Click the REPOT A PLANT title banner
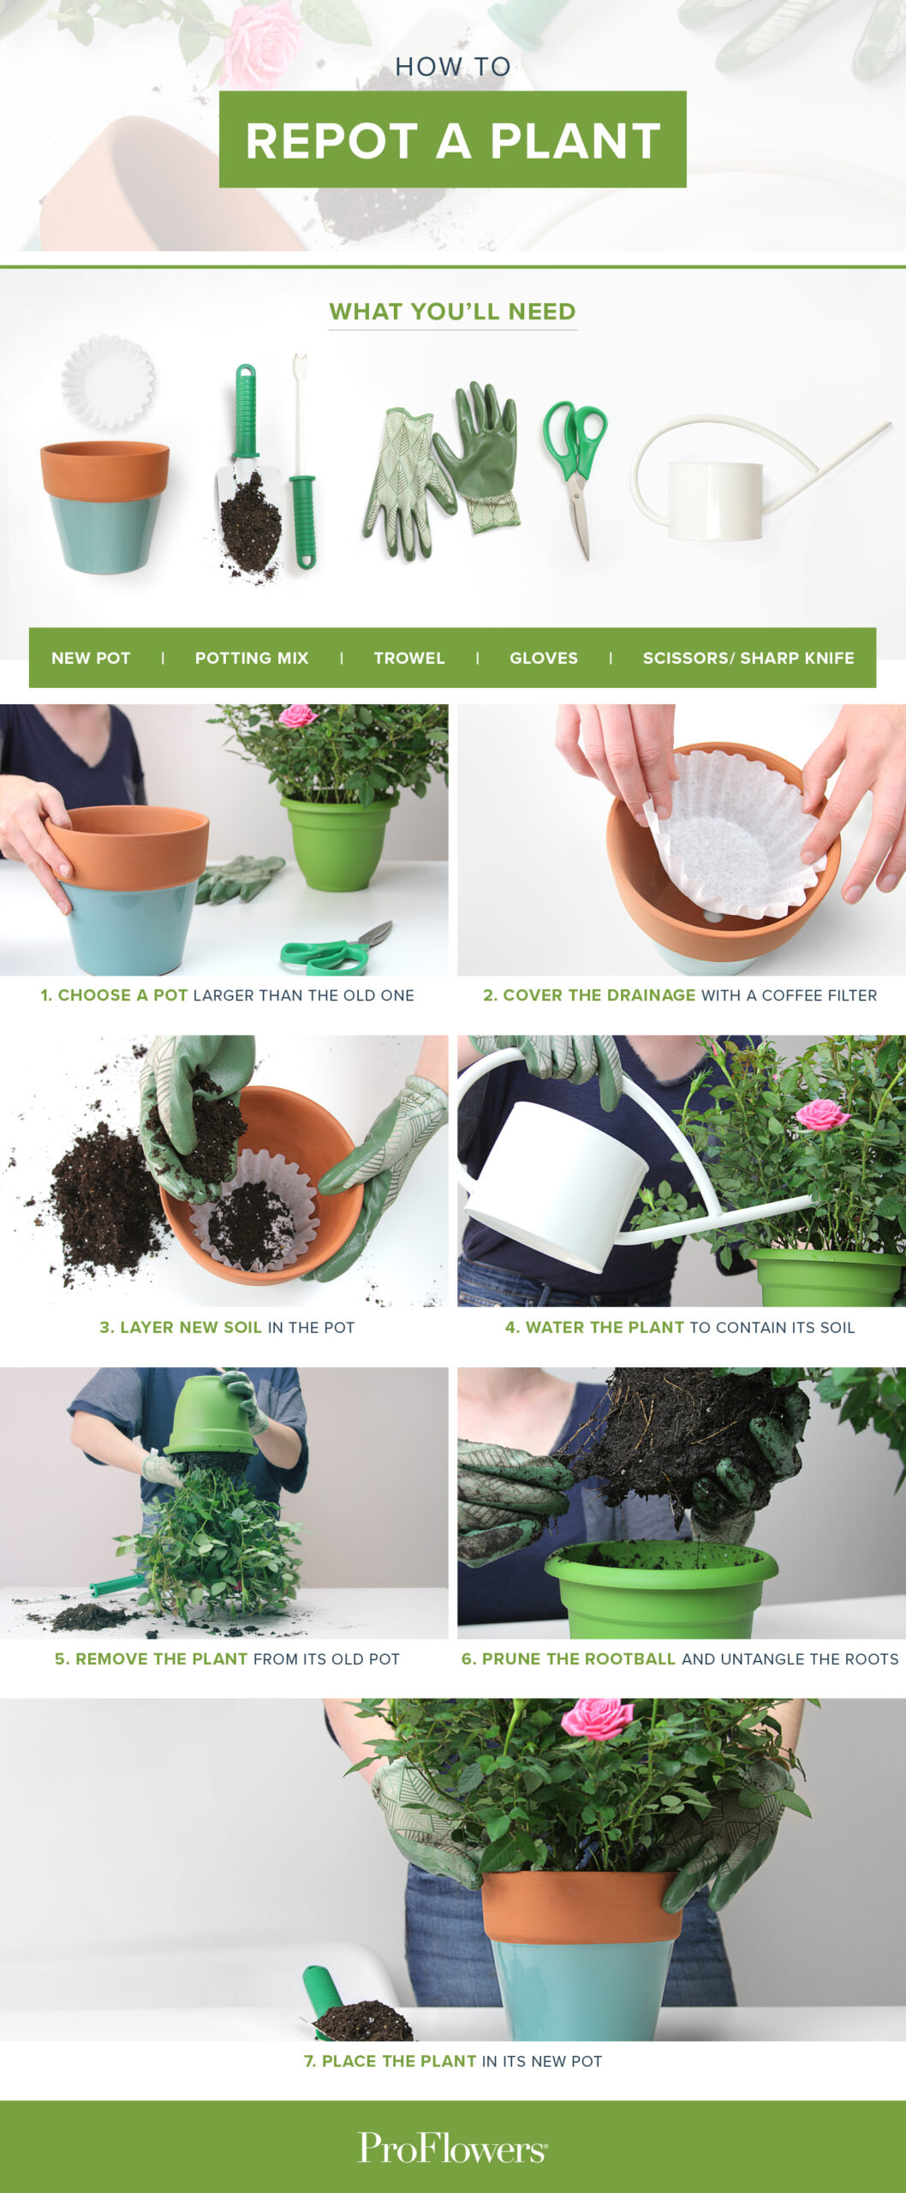point(452,140)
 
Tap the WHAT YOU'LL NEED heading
point(452,312)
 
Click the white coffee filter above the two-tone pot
point(109,382)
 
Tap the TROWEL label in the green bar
point(408,658)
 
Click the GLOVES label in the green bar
point(543,658)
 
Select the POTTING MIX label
point(252,658)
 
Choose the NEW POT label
point(91,658)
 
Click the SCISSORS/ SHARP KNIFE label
point(748,658)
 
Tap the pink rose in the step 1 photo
point(297,715)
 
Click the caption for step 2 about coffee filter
point(680,995)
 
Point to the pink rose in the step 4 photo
point(821,1114)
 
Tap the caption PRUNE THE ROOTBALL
point(679,1658)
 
